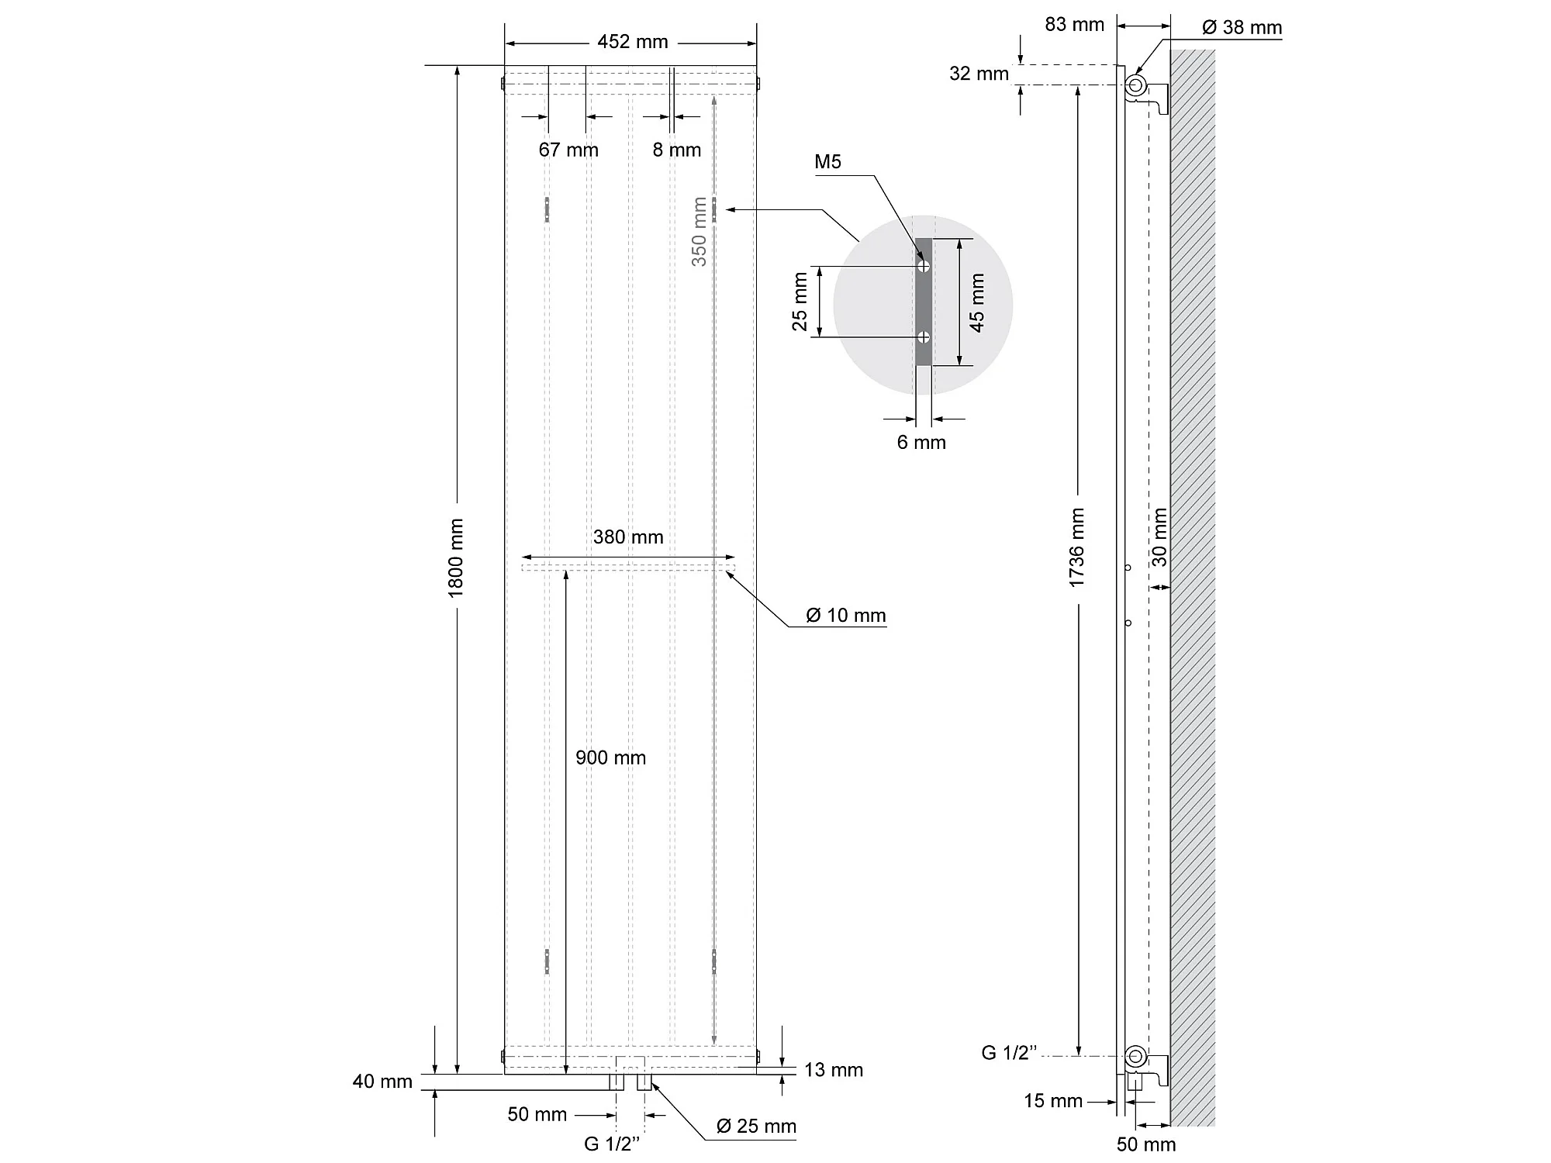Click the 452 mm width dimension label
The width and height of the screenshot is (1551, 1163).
[x=632, y=42]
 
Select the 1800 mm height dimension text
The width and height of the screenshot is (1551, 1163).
[x=456, y=558]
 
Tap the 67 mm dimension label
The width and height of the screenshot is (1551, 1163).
[x=568, y=150]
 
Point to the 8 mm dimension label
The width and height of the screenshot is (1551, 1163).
[x=676, y=150]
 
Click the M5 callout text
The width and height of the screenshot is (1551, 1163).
[x=827, y=162]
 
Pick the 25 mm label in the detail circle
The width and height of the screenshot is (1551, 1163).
[x=800, y=302]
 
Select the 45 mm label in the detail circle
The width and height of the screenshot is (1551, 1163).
[x=977, y=303]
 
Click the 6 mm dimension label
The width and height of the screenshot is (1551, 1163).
[x=921, y=443]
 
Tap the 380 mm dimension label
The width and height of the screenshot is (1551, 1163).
[x=628, y=537]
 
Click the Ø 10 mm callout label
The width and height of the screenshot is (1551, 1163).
[x=845, y=616]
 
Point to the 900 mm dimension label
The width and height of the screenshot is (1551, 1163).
[x=610, y=758]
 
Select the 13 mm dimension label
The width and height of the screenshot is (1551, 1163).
[x=834, y=1071]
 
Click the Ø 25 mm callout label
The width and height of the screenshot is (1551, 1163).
[x=756, y=1127]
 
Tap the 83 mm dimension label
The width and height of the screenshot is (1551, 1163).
[x=1074, y=25]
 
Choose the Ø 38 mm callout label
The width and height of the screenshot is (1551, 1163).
[x=1242, y=28]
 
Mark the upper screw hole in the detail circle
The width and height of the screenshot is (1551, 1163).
[x=924, y=266]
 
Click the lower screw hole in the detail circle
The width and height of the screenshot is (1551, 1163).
[x=924, y=337]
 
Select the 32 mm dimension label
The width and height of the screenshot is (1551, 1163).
[x=979, y=74]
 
